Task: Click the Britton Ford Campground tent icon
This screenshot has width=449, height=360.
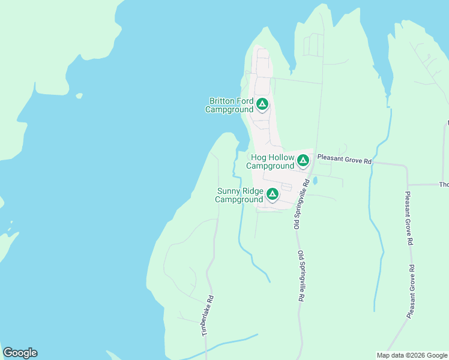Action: point(262,104)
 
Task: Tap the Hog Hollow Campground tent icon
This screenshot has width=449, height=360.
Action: point(303,160)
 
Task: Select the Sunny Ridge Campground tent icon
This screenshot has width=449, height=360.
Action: point(272,194)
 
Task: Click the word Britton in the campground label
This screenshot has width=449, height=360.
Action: point(221,101)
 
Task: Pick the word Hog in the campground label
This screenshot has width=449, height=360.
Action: point(258,158)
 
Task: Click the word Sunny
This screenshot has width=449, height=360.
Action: point(229,191)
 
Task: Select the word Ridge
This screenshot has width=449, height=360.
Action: point(253,191)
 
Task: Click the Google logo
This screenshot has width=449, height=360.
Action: point(20,353)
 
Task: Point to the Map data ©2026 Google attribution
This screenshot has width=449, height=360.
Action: point(412,355)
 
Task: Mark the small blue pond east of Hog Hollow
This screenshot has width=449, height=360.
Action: point(315,180)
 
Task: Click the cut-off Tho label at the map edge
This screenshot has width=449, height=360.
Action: point(444,185)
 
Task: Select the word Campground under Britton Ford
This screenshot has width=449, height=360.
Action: point(229,110)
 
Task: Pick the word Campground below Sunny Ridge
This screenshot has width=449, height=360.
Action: point(239,199)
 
